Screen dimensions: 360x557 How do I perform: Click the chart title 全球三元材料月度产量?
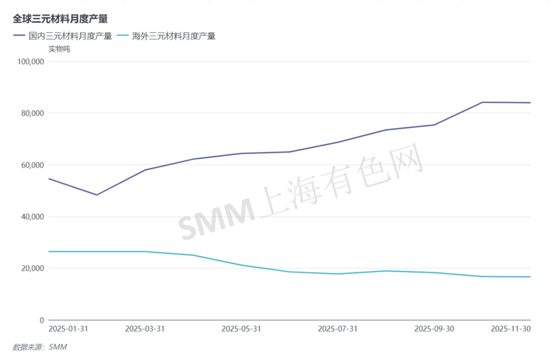click(61, 18)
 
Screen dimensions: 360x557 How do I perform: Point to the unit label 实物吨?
click(59, 49)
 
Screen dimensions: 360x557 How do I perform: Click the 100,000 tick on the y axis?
click(30, 61)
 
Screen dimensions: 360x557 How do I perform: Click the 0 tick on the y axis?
click(41, 320)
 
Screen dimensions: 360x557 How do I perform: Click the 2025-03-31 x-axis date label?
click(145, 329)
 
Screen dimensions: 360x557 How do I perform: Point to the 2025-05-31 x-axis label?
click(241, 329)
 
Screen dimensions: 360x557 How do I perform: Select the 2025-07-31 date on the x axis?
click(338, 329)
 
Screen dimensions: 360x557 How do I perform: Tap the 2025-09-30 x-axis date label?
click(434, 329)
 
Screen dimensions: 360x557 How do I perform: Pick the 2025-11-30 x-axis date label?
click(511, 329)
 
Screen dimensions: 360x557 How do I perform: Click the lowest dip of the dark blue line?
click(97, 195)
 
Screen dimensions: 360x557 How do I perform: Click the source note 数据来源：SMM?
click(40, 347)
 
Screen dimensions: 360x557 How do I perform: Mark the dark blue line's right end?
click(530, 103)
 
